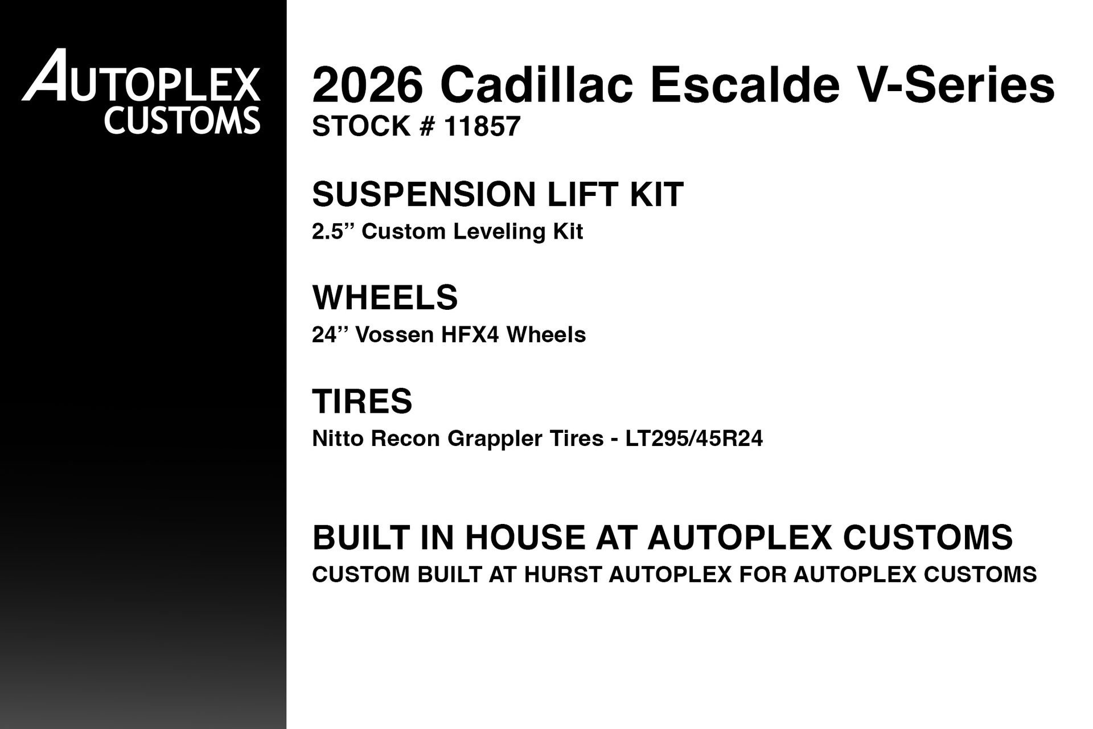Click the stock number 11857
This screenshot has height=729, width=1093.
(482, 126)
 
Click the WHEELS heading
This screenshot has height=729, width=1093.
(385, 297)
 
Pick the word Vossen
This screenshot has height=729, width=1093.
(395, 334)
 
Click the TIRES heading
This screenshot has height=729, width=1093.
(362, 401)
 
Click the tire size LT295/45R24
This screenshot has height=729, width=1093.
(694, 439)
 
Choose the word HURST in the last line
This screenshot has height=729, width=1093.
(562, 575)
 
